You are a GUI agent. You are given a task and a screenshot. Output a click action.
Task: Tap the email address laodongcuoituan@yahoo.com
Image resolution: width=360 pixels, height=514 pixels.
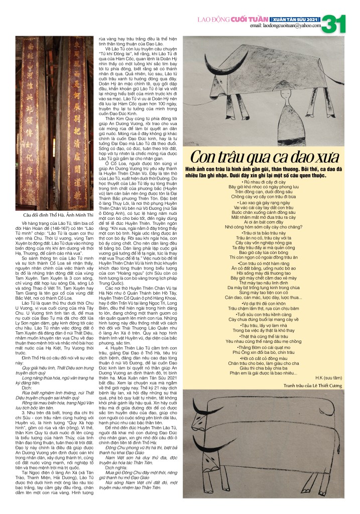tap(285, 25)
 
